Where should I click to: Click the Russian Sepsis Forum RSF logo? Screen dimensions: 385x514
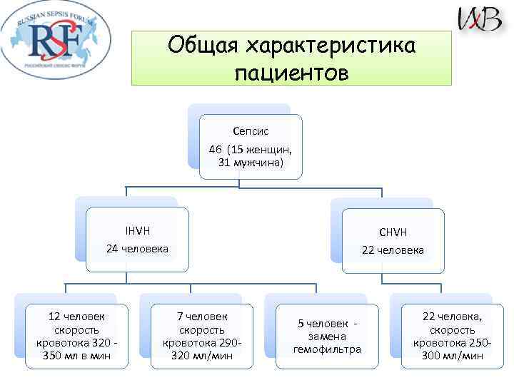point(55,42)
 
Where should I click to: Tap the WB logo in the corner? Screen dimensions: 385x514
point(480,19)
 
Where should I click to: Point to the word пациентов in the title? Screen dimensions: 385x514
point(291,72)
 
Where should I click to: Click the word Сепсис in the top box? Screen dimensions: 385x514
point(251,131)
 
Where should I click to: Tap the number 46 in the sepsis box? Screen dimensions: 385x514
point(216,150)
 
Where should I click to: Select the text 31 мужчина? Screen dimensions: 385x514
point(251,163)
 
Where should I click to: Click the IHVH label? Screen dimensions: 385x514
point(137,230)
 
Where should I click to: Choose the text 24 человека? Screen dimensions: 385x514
point(137,249)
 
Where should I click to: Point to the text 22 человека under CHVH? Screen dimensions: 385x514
point(393,250)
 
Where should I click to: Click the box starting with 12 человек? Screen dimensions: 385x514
point(76,336)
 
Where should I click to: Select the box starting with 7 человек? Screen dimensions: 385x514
point(202,336)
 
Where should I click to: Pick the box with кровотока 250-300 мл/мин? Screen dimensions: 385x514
point(452,336)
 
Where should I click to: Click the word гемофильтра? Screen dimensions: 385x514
point(328,349)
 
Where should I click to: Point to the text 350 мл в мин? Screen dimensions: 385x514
point(76,356)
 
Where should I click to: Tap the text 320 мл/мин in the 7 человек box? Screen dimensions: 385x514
point(202,356)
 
